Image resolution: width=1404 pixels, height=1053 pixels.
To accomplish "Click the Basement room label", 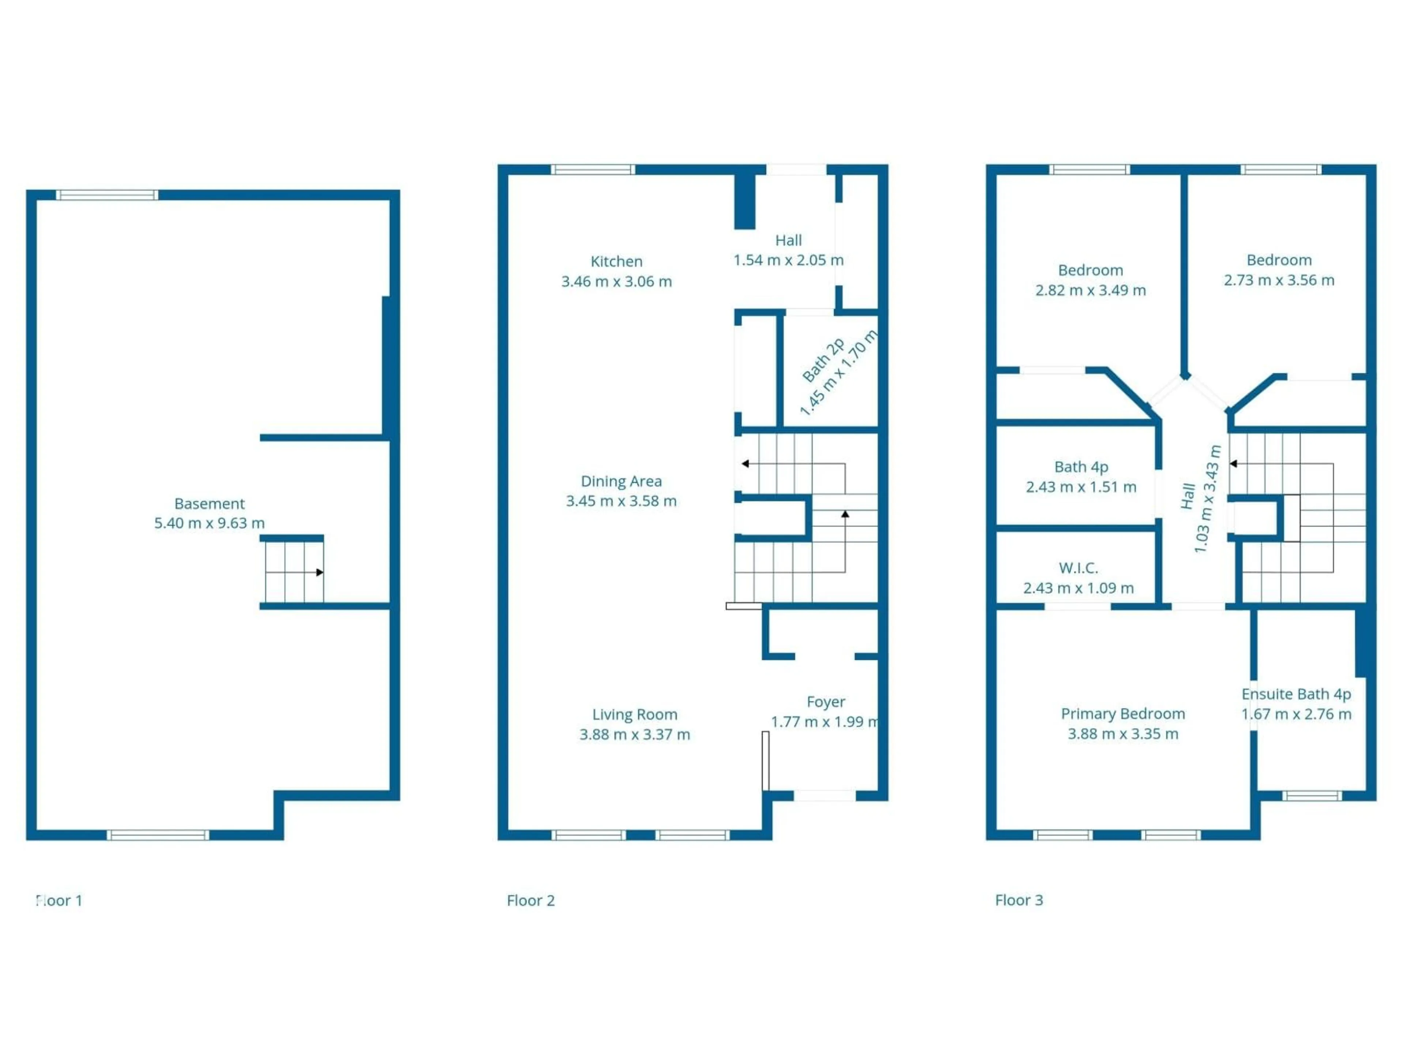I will point(210,503).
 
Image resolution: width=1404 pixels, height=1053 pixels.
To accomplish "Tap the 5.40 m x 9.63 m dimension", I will point(210,523).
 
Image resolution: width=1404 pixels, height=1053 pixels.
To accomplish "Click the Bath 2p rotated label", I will point(823,361).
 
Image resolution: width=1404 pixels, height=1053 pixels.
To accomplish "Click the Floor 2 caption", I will point(531,900).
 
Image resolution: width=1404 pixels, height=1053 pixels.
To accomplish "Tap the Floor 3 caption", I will point(1019,900).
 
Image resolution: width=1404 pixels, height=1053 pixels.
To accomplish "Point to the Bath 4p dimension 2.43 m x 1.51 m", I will point(1081,487).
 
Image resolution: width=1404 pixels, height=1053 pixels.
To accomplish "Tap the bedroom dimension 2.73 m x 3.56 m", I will point(1279,280).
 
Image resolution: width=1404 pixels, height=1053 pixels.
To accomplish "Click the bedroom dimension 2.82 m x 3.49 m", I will point(1090,290).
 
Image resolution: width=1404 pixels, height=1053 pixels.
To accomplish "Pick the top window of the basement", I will point(107,195).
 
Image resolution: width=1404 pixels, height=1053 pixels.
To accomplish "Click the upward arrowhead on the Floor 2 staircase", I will point(845,513).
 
